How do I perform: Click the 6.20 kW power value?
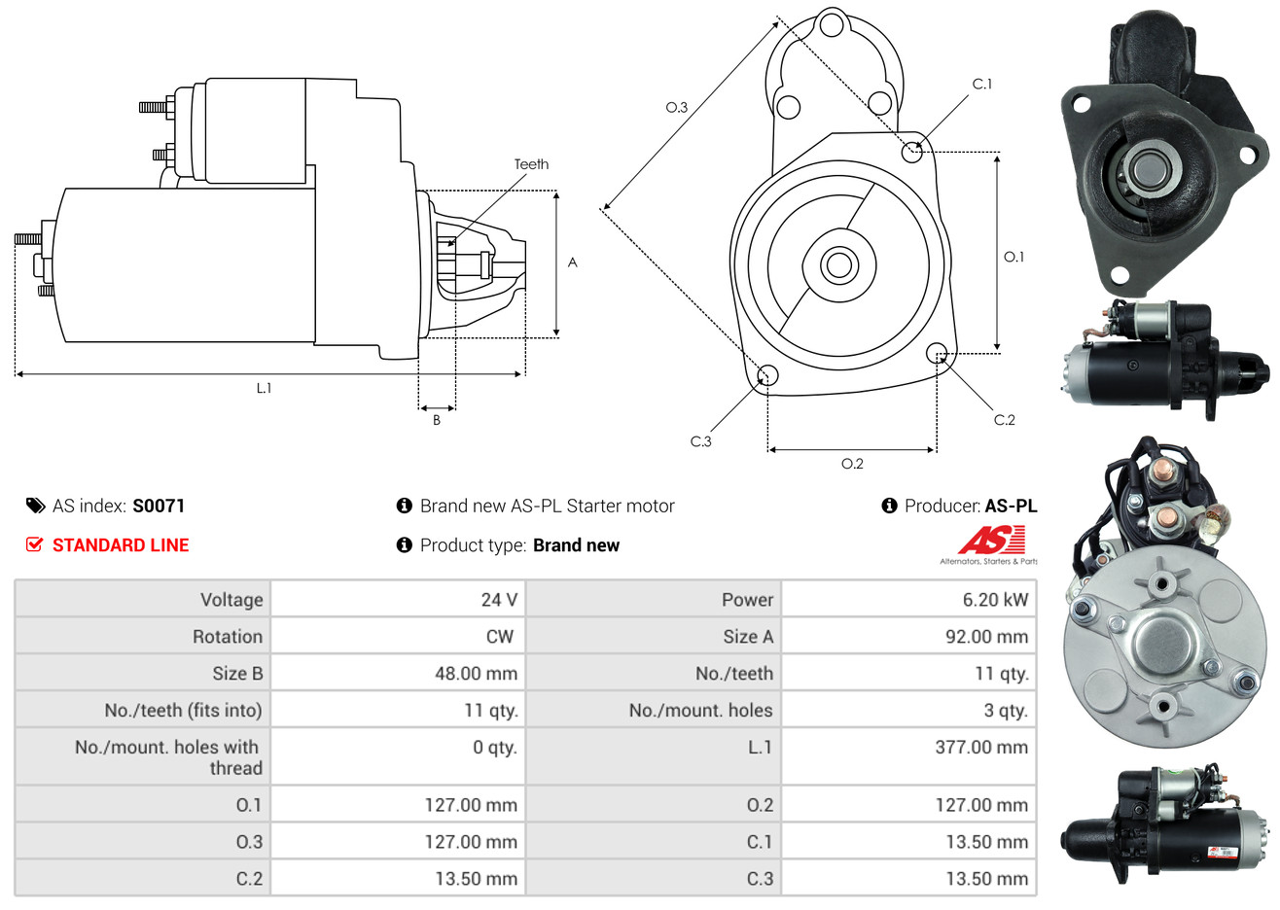tap(994, 600)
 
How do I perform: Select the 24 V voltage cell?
tap(498, 600)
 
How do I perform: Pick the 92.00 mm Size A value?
tap(985, 637)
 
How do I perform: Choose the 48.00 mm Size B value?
tap(476, 674)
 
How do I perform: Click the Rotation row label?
tap(228, 637)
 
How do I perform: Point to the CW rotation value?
tap(499, 637)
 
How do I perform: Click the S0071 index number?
tap(159, 506)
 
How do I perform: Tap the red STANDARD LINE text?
tap(121, 545)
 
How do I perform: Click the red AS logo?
tap(991, 540)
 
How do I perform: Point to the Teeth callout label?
tap(531, 164)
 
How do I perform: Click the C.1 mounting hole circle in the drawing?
tap(911, 152)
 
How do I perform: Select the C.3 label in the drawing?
tap(700, 441)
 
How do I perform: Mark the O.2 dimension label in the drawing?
tap(852, 464)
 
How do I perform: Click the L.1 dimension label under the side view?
tap(264, 388)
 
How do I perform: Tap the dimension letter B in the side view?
tap(437, 420)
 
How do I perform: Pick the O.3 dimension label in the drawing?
tap(676, 107)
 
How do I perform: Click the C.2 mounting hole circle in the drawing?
tap(938, 353)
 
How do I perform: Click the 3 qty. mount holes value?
tap(1005, 711)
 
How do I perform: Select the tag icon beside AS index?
tap(35, 506)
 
